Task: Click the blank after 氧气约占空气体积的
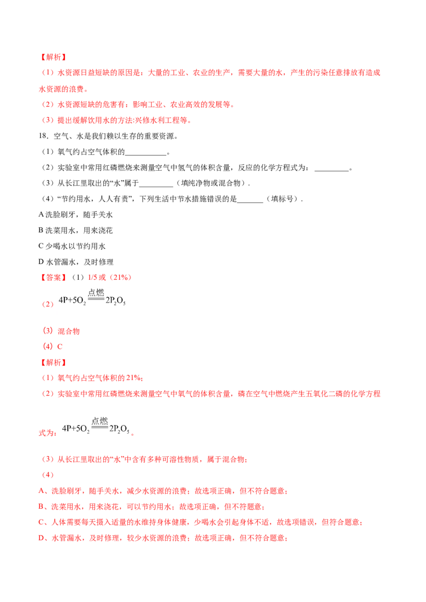[x=146, y=155]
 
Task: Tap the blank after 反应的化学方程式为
[x=331, y=171]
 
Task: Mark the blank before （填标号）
[x=250, y=202]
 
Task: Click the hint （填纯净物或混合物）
[x=211, y=183]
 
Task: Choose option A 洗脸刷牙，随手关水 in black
[x=76, y=215]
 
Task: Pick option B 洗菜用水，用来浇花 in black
[x=76, y=230]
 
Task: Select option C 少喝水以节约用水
[x=72, y=246]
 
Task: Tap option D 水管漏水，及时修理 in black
[x=76, y=262]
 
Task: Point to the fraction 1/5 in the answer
[x=92, y=277]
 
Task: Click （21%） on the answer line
[x=120, y=277]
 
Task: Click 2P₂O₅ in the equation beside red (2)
[x=116, y=300]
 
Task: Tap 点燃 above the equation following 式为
[x=100, y=421]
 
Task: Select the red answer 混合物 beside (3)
[x=69, y=331]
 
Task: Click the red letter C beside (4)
[x=60, y=347]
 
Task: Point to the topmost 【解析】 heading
[x=53, y=57]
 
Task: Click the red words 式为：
[x=48, y=433]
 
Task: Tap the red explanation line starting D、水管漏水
[x=163, y=538]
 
